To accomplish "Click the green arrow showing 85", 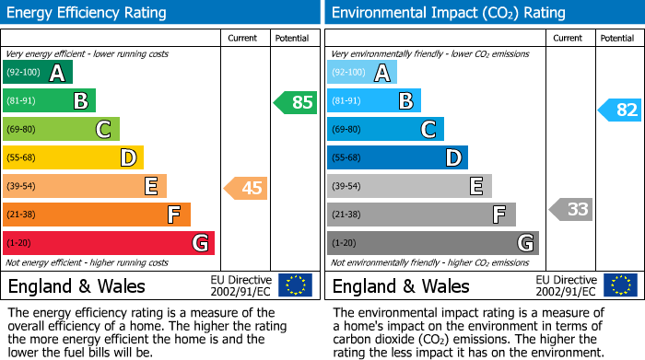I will [296, 102].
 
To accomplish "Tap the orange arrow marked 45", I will [246, 188].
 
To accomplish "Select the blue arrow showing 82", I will [620, 110].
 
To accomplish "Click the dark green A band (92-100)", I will [37, 73].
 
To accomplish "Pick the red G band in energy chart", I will [108, 243].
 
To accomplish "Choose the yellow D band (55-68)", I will [73, 158].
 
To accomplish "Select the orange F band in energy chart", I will [96, 215].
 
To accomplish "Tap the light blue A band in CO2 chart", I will [362, 73].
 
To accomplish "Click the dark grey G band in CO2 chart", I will [432, 243].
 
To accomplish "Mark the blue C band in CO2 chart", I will [385, 130].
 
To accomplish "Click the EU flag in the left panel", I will [295, 285].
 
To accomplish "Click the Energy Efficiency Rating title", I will [88, 13].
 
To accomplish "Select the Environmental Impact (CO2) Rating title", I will [448, 13].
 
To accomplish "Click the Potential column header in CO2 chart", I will [617, 38].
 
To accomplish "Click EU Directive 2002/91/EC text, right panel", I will [565, 285].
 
